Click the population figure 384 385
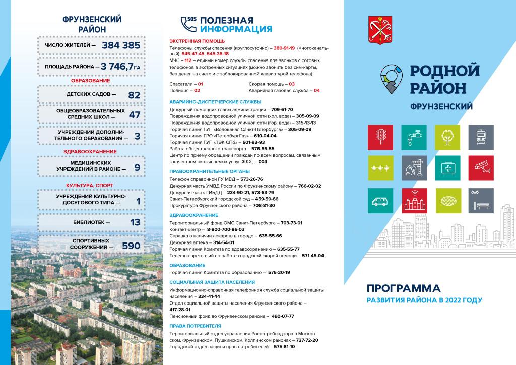(121, 45)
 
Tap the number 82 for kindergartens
(134, 94)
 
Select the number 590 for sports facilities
(131, 246)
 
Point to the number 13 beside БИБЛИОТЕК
(135, 222)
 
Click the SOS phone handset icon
(188, 23)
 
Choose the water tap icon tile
(414, 137)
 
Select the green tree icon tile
(447, 137)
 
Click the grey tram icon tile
(481, 137)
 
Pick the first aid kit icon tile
(447, 168)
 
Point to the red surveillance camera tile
(481, 168)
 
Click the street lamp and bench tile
(481, 200)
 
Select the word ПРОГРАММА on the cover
(404, 289)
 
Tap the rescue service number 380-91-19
(284, 48)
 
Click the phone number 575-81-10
(285, 347)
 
